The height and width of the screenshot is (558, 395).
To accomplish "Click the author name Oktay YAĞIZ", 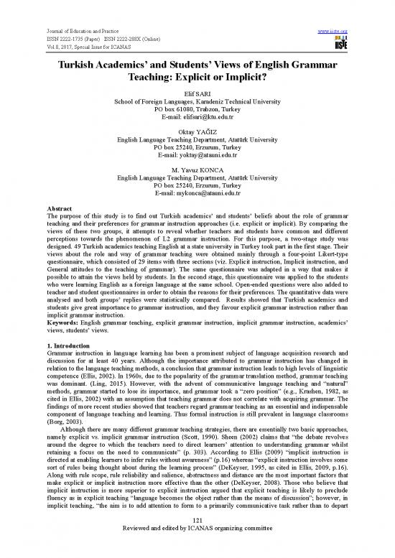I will [197, 133].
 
